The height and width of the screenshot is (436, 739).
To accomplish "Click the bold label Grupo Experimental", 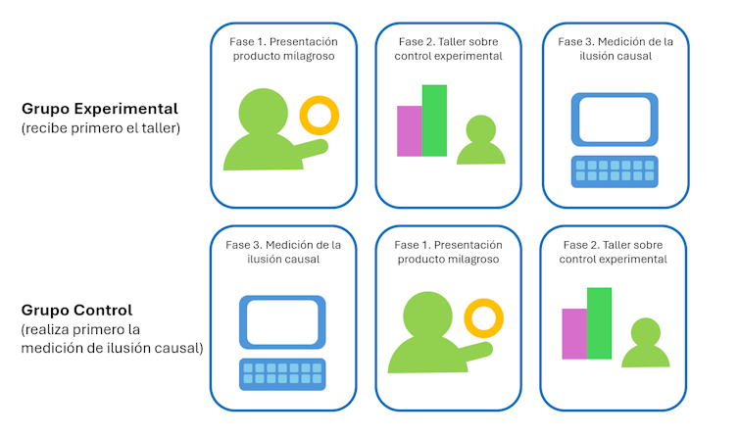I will [x=99, y=109].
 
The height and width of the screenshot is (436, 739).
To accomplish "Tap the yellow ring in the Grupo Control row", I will [x=483, y=319].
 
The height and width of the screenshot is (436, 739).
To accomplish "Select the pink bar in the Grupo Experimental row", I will [x=409, y=130].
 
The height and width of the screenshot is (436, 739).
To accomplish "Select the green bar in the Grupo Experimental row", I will [x=434, y=121].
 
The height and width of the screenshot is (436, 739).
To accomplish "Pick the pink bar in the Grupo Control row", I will [x=573, y=333].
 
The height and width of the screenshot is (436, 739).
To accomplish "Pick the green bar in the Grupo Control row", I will [x=599, y=322].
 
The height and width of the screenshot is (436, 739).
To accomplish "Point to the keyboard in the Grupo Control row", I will [x=282, y=374].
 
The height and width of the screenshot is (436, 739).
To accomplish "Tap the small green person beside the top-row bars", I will [x=480, y=141].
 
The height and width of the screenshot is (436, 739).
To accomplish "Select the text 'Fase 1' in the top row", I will [x=249, y=42].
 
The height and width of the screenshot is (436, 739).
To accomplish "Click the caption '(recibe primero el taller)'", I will [x=100, y=127].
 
